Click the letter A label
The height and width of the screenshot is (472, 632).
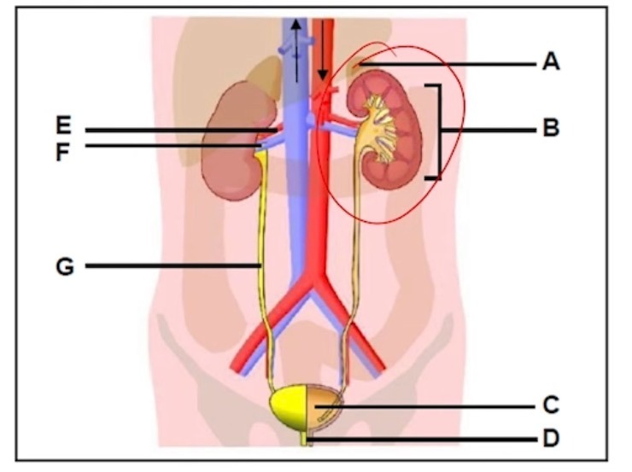click(551, 62)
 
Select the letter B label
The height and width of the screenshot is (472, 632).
click(551, 130)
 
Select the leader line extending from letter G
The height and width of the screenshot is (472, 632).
click(171, 266)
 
